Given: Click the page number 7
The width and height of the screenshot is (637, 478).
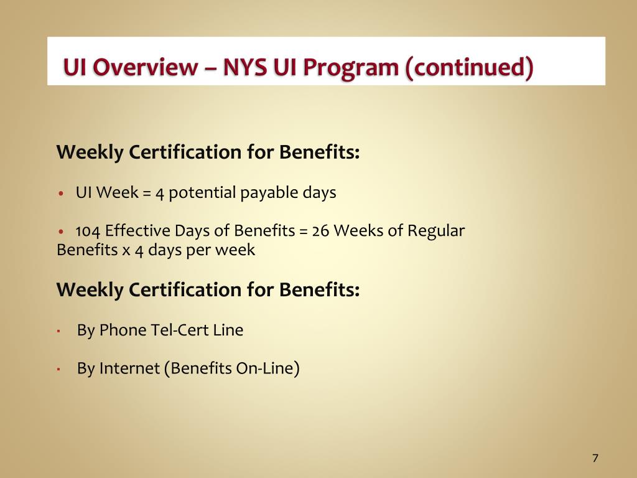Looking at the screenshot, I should coord(595,458).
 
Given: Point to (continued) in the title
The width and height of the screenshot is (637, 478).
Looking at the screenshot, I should coord(469,68).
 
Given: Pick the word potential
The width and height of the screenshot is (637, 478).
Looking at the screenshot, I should coord(203,192).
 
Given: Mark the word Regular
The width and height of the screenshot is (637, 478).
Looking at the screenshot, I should coord(436,231).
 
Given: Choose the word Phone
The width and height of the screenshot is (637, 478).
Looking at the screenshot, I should coord(123,330).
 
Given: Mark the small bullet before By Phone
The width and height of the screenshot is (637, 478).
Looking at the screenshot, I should coord(58,331).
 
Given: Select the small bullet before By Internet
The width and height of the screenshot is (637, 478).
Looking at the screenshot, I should coord(58,370).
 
